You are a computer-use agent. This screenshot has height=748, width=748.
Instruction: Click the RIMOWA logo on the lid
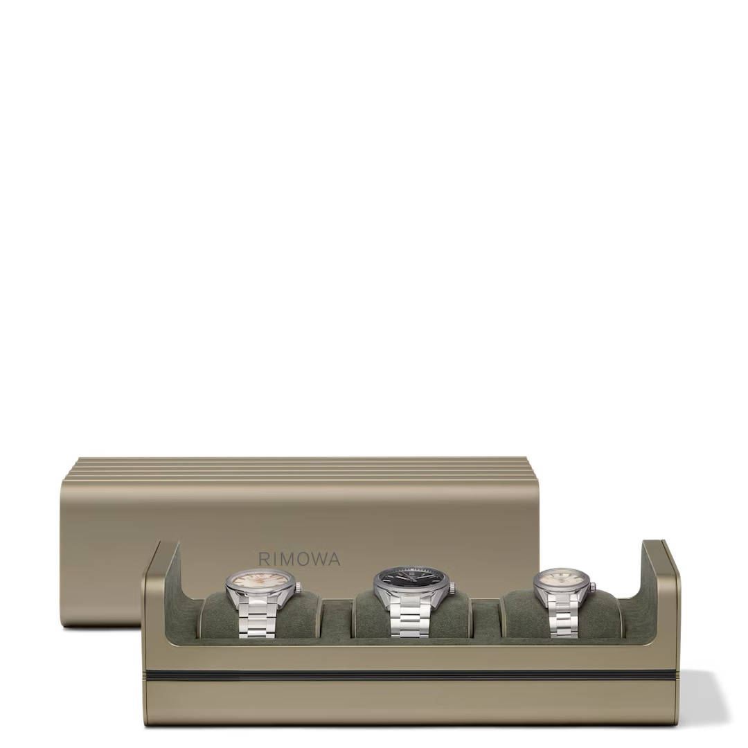click(299, 559)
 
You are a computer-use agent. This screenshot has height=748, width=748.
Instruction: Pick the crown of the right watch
click(593, 587)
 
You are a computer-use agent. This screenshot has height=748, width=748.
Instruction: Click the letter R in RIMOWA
click(264, 559)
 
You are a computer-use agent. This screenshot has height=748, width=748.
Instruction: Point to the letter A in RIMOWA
click(334, 559)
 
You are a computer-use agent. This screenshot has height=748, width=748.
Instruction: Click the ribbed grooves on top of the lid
click(298, 468)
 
